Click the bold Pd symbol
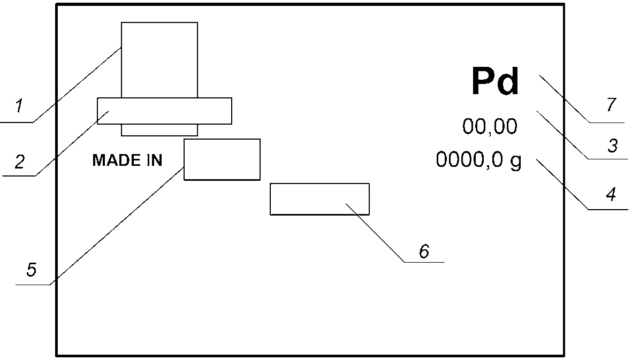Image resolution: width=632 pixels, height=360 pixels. coord(495,82)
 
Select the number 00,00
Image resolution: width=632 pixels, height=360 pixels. coord(490,126)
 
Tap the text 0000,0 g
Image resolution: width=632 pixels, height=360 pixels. coord(478,160)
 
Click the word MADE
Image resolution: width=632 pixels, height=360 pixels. coord(113,160)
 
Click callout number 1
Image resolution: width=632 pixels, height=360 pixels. coord(19,106)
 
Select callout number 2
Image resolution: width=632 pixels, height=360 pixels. coord(20,162)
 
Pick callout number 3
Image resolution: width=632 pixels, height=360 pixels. coord(613,145)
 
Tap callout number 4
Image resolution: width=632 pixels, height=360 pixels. coord(611,194)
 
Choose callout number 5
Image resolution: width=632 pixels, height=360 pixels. coord(32,270)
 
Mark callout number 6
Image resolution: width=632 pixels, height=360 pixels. coord(424,251)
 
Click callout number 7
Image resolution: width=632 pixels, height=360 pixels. coord(612,105)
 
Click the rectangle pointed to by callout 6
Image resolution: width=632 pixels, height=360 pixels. coord(319,199)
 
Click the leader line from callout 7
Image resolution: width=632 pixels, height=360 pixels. coord(564,98)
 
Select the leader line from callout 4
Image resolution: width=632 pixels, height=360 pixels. coord(562,184)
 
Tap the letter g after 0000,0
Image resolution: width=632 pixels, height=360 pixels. coord(516,162)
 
